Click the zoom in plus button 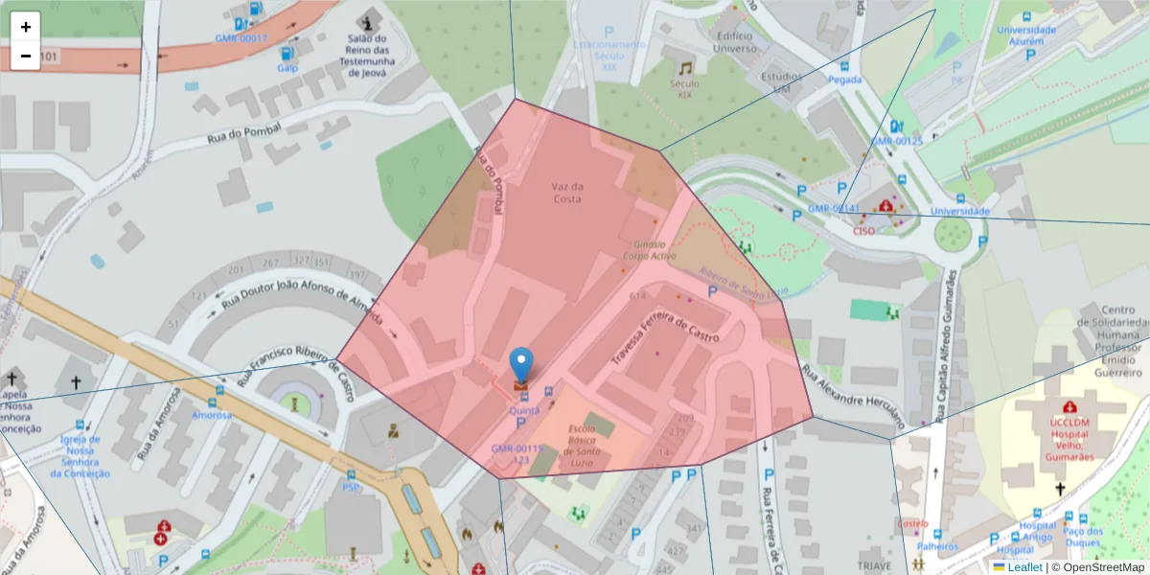[x=26, y=27]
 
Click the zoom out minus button [x=26, y=56]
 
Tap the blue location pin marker [x=521, y=365]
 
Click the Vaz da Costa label [x=567, y=192]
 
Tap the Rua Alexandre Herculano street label [x=853, y=395]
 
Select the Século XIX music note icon [x=684, y=68]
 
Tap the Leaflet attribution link [x=1023, y=567]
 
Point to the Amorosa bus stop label [x=211, y=415]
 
